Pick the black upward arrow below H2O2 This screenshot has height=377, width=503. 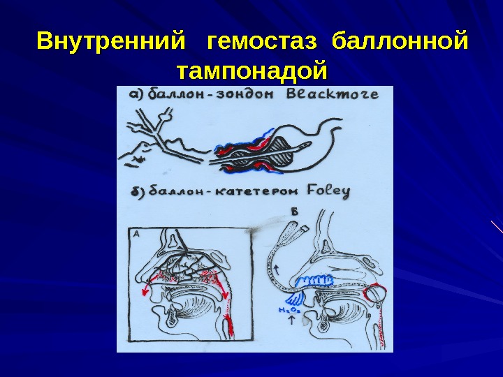tap(289, 323)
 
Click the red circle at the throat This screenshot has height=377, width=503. tap(375, 292)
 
